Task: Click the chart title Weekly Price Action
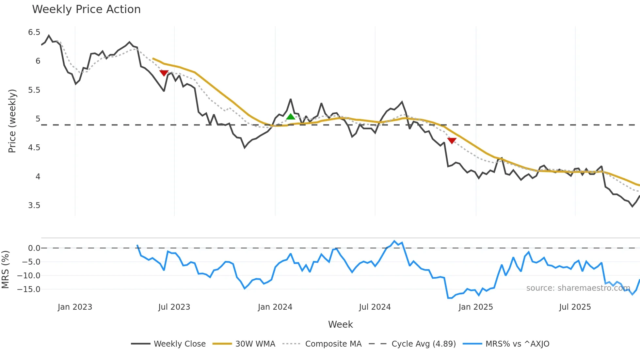86,9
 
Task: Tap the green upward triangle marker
291,117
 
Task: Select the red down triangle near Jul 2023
164,73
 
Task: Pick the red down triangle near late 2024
452,141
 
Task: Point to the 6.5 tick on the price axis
34,32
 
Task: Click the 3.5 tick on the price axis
34,205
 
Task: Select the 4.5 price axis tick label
34,148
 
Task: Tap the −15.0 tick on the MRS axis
29,289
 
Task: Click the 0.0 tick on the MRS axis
34,248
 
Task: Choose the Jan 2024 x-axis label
275,307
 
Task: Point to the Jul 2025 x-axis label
575,307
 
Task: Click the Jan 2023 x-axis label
75,307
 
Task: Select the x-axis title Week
340,324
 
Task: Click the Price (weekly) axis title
12,121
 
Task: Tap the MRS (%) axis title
5,270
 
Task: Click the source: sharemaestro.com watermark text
578,288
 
